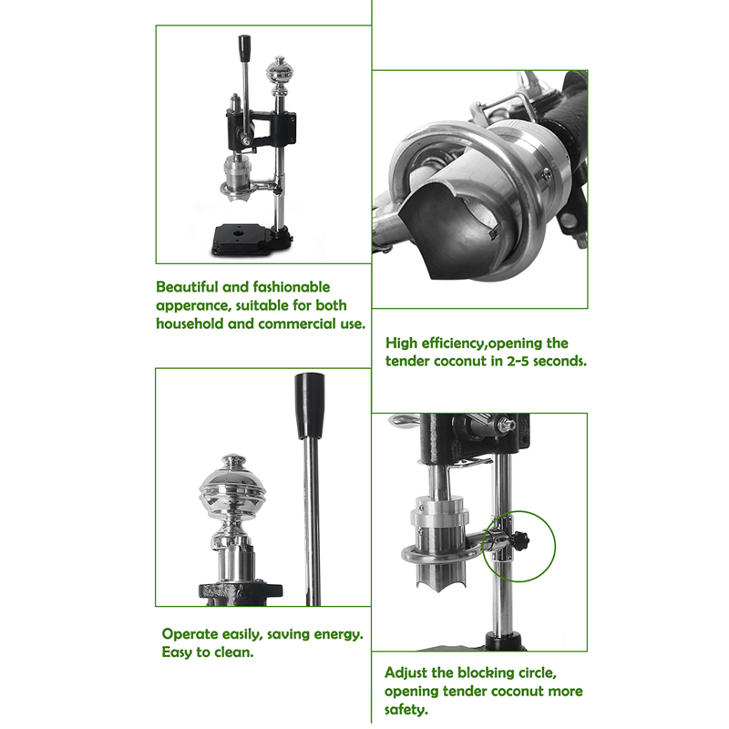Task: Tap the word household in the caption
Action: pyautogui.click(x=190, y=323)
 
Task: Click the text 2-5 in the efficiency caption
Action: pyautogui.click(x=518, y=361)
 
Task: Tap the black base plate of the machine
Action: pyautogui.click(x=252, y=241)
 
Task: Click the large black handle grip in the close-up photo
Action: pyautogui.click(x=310, y=406)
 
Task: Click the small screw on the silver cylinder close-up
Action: pyautogui.click(x=547, y=174)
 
